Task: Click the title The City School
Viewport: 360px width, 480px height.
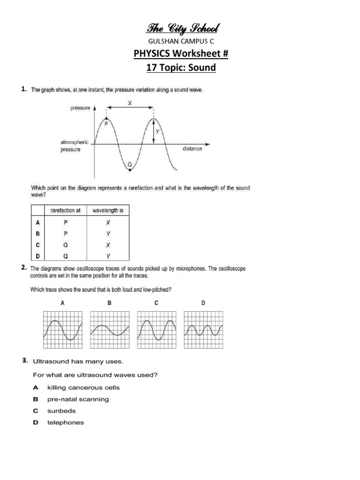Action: coord(180,29)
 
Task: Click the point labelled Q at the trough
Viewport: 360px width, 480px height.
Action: coord(130,168)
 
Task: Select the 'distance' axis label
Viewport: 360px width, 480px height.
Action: coord(192,149)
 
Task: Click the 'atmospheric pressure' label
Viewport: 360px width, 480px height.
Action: coord(74,146)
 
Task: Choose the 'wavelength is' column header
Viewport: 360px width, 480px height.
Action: coord(108,210)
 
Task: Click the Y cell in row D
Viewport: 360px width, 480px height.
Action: coord(108,256)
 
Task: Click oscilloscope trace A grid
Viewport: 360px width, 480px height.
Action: coord(63,330)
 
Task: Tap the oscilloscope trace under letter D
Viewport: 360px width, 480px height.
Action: coord(203,330)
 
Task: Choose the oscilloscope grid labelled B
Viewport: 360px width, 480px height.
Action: coord(110,330)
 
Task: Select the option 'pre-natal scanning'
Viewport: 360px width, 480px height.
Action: coord(78,399)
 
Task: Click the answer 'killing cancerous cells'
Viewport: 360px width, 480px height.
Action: coord(83,388)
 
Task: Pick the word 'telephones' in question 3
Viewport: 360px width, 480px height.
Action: coord(66,422)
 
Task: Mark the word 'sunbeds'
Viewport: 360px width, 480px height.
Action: coord(61,411)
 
